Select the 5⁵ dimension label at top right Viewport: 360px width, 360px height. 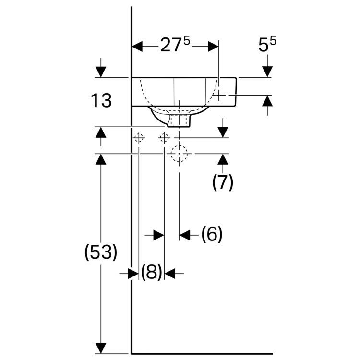coord(267,46)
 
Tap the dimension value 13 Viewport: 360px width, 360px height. coord(101,101)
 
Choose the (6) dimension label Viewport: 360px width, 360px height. coord(212,235)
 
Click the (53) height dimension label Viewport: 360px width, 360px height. coord(101,253)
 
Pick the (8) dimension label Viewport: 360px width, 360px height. coord(151,273)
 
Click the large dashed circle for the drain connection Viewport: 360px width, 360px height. coord(179,154)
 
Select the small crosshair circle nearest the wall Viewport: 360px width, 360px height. coord(139,138)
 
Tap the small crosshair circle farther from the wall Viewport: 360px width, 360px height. coord(164,138)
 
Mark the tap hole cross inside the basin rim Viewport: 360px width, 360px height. coord(219,96)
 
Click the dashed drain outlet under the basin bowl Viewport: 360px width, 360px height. coord(180,119)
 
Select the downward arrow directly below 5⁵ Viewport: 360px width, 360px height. coord(267,71)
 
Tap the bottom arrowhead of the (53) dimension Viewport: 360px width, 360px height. coord(101,347)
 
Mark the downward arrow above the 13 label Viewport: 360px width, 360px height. coord(101,71)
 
